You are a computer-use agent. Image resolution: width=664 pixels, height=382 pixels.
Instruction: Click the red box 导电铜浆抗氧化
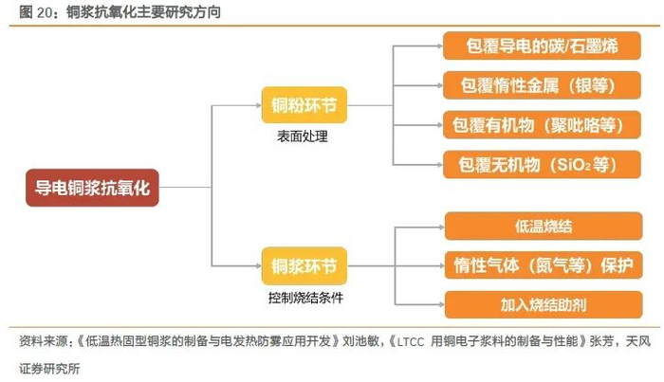(92, 188)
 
